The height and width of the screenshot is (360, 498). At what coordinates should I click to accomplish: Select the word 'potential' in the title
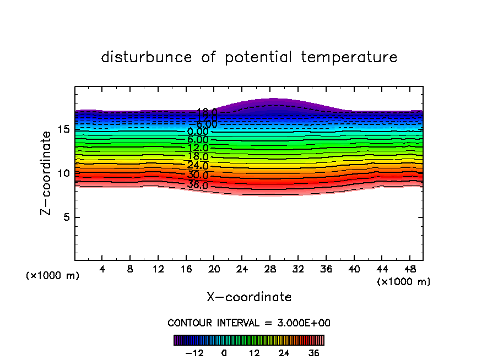coord(258,57)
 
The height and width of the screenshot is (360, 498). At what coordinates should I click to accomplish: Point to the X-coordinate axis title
coord(249,297)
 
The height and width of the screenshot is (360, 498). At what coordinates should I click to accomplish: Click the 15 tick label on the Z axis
coord(62,129)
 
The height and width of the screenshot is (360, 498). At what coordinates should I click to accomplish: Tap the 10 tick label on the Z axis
coord(62,173)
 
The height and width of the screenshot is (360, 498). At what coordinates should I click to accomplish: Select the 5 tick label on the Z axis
coord(66,217)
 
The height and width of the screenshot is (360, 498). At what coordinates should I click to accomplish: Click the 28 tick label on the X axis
coord(269,270)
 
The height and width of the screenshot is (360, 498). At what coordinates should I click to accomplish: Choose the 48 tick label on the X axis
coord(409,270)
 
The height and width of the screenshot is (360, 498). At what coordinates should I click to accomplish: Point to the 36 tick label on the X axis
coord(326,270)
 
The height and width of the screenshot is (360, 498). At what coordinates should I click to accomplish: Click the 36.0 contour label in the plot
coord(198,185)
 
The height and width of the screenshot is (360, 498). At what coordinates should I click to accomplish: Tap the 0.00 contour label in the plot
coord(198,132)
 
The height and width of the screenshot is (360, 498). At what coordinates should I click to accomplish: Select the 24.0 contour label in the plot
coord(198,166)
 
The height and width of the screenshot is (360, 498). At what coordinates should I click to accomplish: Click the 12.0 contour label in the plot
coord(198,148)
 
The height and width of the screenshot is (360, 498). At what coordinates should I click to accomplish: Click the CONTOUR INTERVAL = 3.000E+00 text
coord(249,323)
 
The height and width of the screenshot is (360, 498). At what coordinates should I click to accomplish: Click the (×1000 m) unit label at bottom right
coord(404,282)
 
